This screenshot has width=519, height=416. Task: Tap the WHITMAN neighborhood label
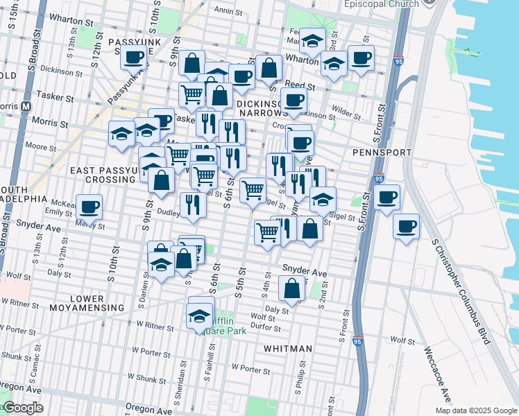pyautogui.click(x=288, y=348)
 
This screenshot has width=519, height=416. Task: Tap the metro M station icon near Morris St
pyautogui.click(x=27, y=107)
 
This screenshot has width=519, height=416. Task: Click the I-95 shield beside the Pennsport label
pyautogui.click(x=379, y=178)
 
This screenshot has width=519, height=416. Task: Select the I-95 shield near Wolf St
pyautogui.click(x=357, y=342)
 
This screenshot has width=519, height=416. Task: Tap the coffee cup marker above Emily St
pyautogui.click(x=89, y=206)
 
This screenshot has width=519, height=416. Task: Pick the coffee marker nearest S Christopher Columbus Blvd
pyautogui.click(x=407, y=225)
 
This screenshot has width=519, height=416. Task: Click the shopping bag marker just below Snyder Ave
pyautogui.click(x=292, y=288)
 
